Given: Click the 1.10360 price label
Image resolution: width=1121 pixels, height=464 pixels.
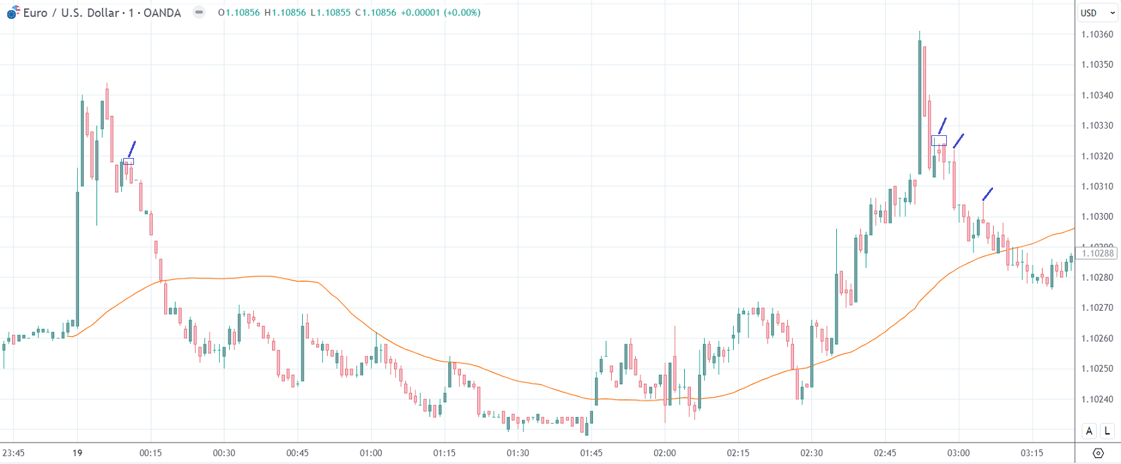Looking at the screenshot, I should click(1097, 34).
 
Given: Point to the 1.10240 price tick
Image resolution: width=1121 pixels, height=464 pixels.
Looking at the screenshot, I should click(1097, 399).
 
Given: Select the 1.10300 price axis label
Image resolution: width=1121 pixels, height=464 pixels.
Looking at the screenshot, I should click(1097, 217).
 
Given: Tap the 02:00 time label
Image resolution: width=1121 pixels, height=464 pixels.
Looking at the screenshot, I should click(665, 453).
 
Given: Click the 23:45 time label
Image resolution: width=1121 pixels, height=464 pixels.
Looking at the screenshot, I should click(13, 453).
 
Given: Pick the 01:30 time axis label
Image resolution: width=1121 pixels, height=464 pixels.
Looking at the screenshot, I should click(517, 453).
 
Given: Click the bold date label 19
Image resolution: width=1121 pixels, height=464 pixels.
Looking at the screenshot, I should click(78, 453).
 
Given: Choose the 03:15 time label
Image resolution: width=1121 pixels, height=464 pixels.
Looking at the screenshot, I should click(1032, 453).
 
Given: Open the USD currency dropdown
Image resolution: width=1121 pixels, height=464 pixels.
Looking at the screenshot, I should click(1097, 13).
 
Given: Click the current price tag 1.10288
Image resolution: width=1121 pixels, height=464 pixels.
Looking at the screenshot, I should click(1098, 253).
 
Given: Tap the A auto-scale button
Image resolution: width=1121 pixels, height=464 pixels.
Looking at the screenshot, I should click(1090, 431).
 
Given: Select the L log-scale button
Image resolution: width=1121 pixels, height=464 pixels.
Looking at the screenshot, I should click(1108, 431).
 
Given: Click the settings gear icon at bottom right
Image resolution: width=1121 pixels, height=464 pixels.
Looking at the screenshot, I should click(1098, 453).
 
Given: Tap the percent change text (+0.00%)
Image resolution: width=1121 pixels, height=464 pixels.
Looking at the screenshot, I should click(462, 13).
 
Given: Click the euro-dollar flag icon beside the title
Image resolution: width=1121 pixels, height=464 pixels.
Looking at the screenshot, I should click(13, 13).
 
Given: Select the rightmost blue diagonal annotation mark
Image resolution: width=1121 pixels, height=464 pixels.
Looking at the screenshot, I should click(987, 194).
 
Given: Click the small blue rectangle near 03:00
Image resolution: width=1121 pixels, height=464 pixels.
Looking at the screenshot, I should click(939, 141).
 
